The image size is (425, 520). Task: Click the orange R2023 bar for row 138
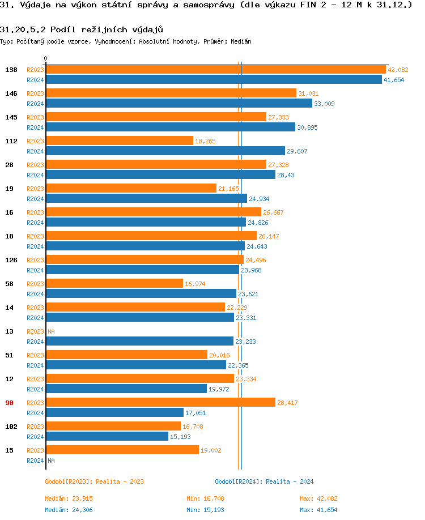(x=215, y=70)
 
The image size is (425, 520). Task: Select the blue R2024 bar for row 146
(x=178, y=104)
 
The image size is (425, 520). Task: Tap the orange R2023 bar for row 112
(x=119, y=141)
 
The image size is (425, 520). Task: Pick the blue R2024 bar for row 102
(x=107, y=437)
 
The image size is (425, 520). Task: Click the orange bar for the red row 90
(x=160, y=403)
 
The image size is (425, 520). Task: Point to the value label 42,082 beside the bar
(x=398, y=70)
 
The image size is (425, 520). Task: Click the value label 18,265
(x=205, y=141)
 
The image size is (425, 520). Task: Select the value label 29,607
(x=297, y=151)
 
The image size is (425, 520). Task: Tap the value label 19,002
(x=211, y=450)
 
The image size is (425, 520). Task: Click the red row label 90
(x=9, y=403)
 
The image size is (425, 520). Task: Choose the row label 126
(x=11, y=260)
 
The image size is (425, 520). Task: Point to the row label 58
(x=9, y=284)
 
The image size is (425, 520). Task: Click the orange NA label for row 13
(x=51, y=331)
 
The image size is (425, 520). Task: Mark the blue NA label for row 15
(x=51, y=461)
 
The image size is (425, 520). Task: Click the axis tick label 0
(x=46, y=58)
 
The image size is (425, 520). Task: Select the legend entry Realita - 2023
(x=94, y=481)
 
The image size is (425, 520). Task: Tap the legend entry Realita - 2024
(x=264, y=481)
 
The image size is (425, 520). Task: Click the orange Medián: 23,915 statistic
(x=69, y=498)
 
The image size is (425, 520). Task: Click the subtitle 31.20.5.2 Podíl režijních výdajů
(x=78, y=29)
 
